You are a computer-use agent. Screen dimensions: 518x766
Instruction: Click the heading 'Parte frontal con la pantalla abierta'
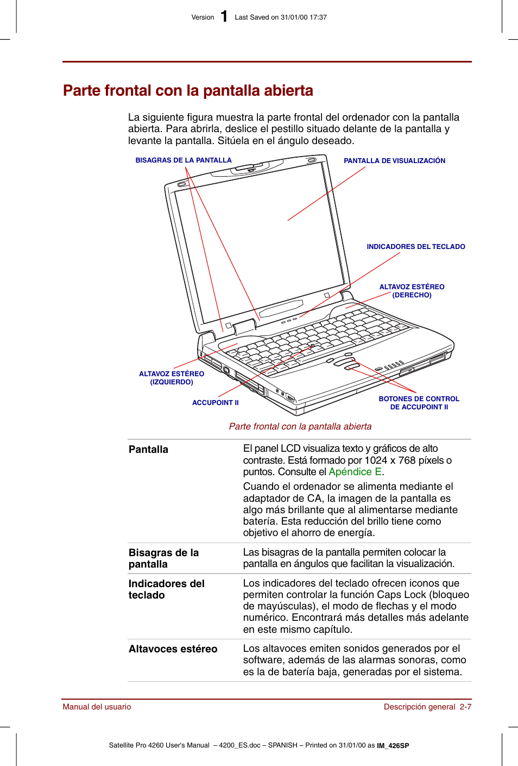(x=188, y=90)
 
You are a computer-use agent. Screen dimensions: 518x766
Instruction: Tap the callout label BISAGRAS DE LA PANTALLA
(x=184, y=160)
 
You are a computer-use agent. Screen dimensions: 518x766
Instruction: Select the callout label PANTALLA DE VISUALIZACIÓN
(x=394, y=161)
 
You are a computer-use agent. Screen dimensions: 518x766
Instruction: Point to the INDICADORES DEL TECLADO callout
(x=416, y=247)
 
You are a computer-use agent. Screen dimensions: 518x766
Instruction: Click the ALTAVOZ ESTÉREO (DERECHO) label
(x=412, y=291)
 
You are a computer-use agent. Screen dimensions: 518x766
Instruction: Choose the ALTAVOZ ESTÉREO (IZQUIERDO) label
(x=172, y=378)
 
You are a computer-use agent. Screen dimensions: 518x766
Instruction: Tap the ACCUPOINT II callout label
(x=215, y=403)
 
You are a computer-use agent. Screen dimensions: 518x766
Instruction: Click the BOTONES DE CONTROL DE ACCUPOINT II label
(x=419, y=403)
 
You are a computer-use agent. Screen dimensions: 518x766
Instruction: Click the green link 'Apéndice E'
(x=355, y=472)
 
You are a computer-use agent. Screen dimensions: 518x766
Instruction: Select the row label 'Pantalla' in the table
(x=148, y=450)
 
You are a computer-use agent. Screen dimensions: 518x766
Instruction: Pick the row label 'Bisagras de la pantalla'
(x=163, y=558)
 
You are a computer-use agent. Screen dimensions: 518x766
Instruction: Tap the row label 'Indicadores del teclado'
(x=166, y=589)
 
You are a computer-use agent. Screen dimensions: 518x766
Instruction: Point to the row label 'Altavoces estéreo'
(x=173, y=649)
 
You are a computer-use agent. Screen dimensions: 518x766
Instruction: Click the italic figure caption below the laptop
(x=300, y=427)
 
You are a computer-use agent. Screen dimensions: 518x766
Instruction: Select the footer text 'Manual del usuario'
(x=97, y=707)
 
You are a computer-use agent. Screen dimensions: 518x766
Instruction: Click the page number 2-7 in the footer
(x=465, y=707)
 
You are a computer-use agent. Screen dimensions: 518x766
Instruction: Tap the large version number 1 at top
(x=224, y=17)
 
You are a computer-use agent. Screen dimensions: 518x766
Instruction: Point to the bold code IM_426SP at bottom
(x=393, y=746)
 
